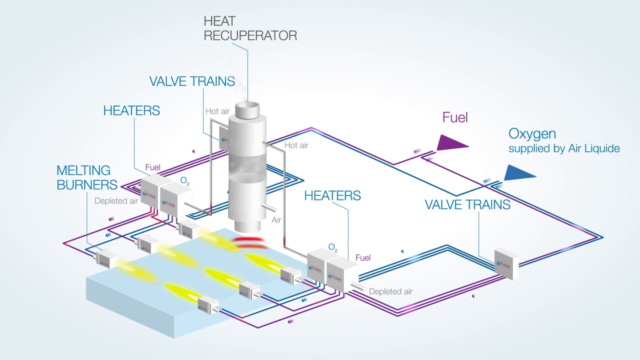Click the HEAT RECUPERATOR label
[x=250, y=28]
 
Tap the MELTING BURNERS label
[x=86, y=177]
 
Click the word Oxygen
[x=532, y=133]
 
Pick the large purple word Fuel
[x=455, y=117]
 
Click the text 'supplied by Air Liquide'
[x=564, y=148]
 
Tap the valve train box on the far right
[x=506, y=263]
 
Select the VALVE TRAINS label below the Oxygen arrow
[x=467, y=204]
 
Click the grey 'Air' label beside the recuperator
[x=277, y=220]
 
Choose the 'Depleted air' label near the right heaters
[x=390, y=291]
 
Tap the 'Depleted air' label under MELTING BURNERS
[x=116, y=201]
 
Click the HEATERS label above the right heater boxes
[x=332, y=195]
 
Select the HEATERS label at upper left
[x=131, y=110]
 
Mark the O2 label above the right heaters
[x=333, y=247]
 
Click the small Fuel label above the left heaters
[x=152, y=167]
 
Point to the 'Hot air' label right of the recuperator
[x=296, y=145]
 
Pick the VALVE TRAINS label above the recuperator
[x=192, y=81]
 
